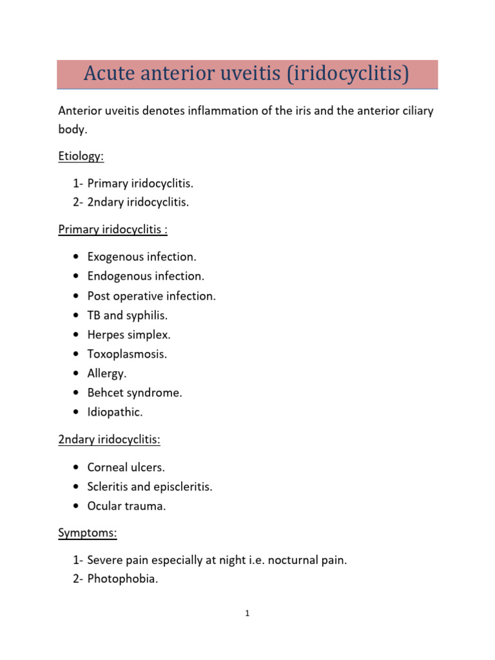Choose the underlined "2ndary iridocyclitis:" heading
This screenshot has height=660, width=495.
point(110,440)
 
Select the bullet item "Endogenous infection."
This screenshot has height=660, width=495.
point(146,276)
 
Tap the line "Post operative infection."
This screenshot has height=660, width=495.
point(151,296)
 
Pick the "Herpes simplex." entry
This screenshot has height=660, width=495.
point(129,335)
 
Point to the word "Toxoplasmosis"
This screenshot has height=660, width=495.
point(126,354)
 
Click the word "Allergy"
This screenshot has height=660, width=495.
point(106,373)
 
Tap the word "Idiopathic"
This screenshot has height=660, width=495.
point(114,412)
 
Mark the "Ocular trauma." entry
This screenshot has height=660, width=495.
point(126,506)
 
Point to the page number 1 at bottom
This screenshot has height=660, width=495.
point(247,614)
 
